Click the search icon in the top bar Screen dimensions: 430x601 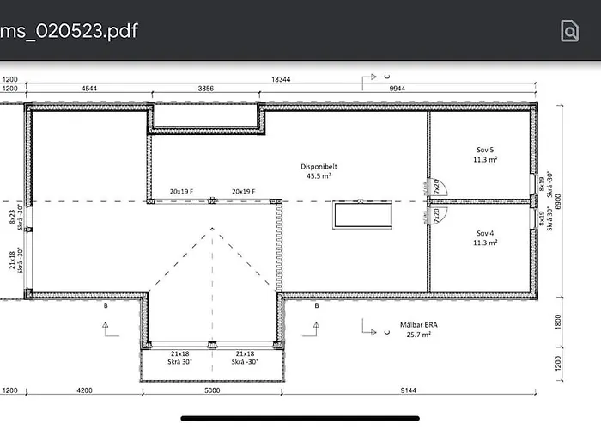pos(569,31)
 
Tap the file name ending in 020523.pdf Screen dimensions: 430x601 pos(69,32)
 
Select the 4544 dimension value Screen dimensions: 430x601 pos(88,89)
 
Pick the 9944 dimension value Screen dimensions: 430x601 pos(397,89)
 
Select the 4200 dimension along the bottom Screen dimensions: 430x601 pos(83,390)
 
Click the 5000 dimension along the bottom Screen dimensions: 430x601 pos(211,390)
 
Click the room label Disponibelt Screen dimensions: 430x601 pos(317,167)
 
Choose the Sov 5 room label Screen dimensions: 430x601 pos(486,150)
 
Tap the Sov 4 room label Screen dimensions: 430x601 pos(486,233)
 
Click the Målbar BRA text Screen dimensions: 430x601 pos(418,325)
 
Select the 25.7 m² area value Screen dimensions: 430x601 pos(418,335)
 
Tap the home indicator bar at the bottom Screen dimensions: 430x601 pos(300,419)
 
